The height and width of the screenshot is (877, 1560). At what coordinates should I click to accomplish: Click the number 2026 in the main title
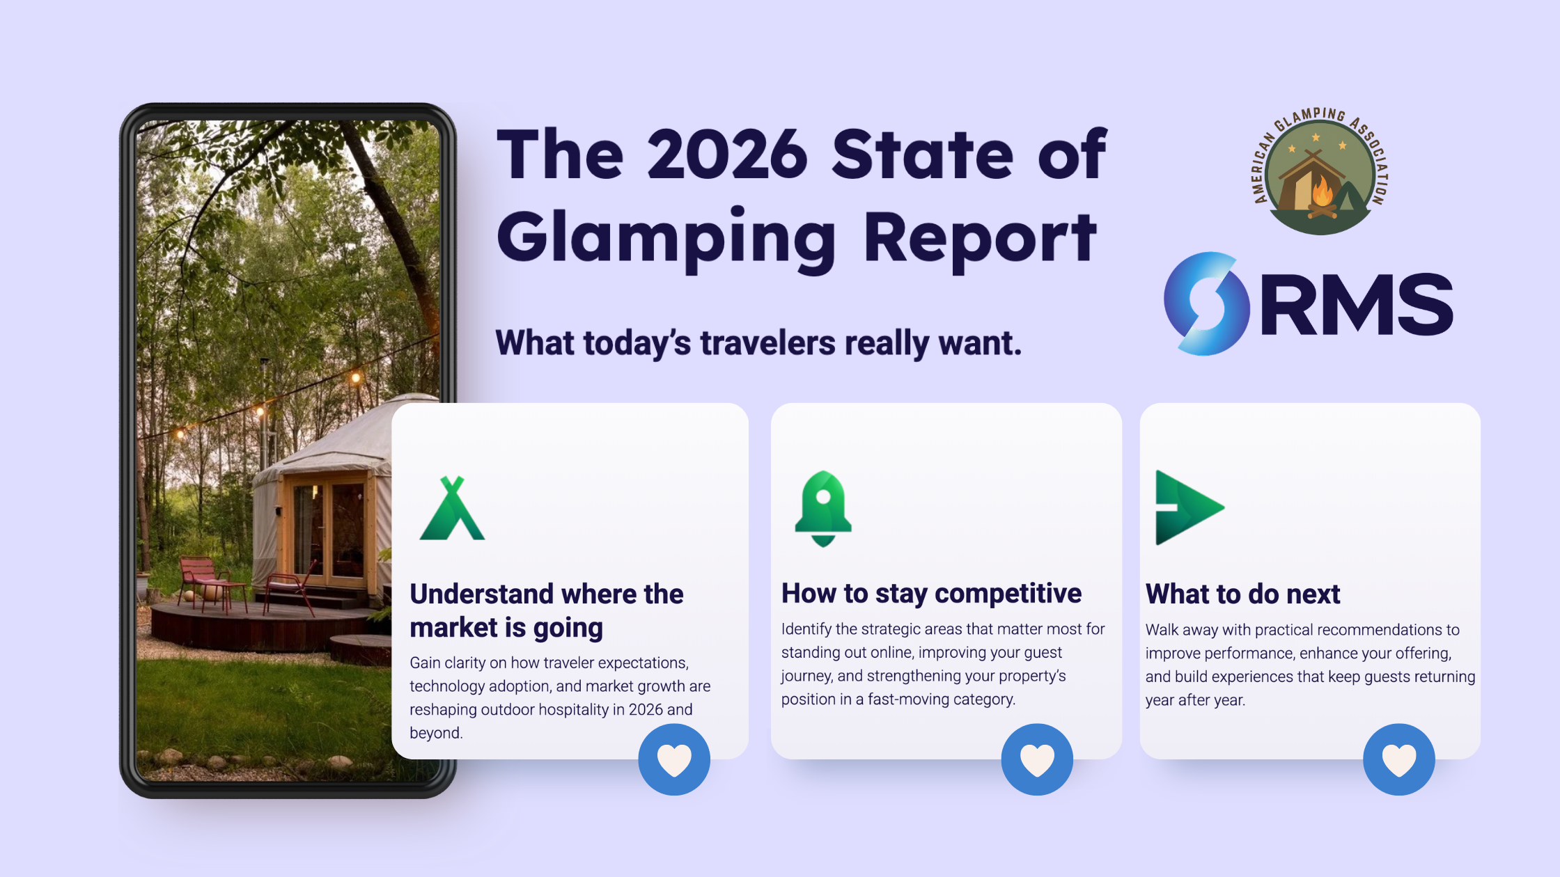[x=727, y=155]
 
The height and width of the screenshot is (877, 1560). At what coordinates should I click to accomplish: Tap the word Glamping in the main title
[x=666, y=238]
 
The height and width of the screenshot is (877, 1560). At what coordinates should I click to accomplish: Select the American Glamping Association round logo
[x=1319, y=171]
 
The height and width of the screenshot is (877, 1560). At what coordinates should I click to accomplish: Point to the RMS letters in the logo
[x=1357, y=305]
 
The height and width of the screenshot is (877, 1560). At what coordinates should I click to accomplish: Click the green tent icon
[x=452, y=509]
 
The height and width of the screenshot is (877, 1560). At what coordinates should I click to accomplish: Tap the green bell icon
[x=823, y=509]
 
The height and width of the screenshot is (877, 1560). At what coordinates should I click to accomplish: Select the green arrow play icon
[x=1187, y=507]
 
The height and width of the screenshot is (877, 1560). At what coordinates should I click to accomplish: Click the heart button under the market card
[x=674, y=759]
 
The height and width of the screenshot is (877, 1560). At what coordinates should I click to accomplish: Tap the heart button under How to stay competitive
[x=1037, y=759]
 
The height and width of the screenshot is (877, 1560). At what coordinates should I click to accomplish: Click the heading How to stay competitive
[x=931, y=594]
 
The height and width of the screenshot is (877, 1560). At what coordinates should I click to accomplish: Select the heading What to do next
[x=1242, y=594]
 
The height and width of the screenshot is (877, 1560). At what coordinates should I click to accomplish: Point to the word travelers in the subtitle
[x=767, y=343]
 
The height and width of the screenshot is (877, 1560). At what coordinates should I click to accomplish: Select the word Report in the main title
[x=980, y=238]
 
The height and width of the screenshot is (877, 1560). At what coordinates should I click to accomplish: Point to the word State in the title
[x=923, y=155]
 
